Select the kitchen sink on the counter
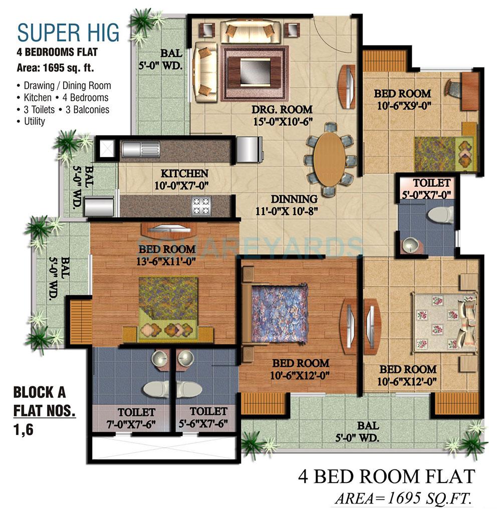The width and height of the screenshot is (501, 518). (x=141, y=148)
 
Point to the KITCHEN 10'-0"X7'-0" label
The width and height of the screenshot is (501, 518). (x=184, y=179)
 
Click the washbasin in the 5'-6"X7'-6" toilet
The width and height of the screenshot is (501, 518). (x=185, y=358)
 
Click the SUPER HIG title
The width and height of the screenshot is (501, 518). (x=68, y=33)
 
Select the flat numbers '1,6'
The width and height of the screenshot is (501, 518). (x=24, y=430)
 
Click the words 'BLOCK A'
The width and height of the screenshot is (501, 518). (x=39, y=392)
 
